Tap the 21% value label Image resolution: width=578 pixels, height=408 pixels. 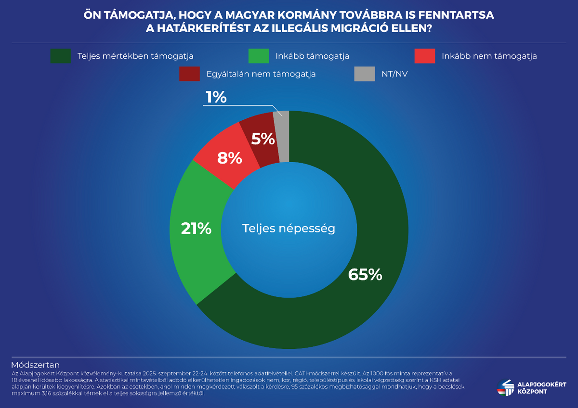[x=196, y=229]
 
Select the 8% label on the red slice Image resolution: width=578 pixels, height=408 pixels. [x=229, y=158]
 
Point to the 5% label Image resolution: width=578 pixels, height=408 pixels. [x=263, y=139]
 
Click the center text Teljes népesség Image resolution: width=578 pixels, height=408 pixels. [x=289, y=228]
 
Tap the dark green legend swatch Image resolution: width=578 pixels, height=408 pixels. [x=60, y=56]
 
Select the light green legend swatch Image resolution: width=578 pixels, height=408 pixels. [x=258, y=56]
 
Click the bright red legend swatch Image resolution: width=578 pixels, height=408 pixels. [x=424, y=56]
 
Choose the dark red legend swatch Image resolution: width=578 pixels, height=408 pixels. [x=189, y=74]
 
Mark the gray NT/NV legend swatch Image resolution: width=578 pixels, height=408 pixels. [x=364, y=74]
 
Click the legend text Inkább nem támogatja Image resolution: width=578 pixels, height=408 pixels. [x=489, y=56]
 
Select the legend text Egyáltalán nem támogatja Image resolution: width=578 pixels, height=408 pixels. [x=261, y=74]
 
